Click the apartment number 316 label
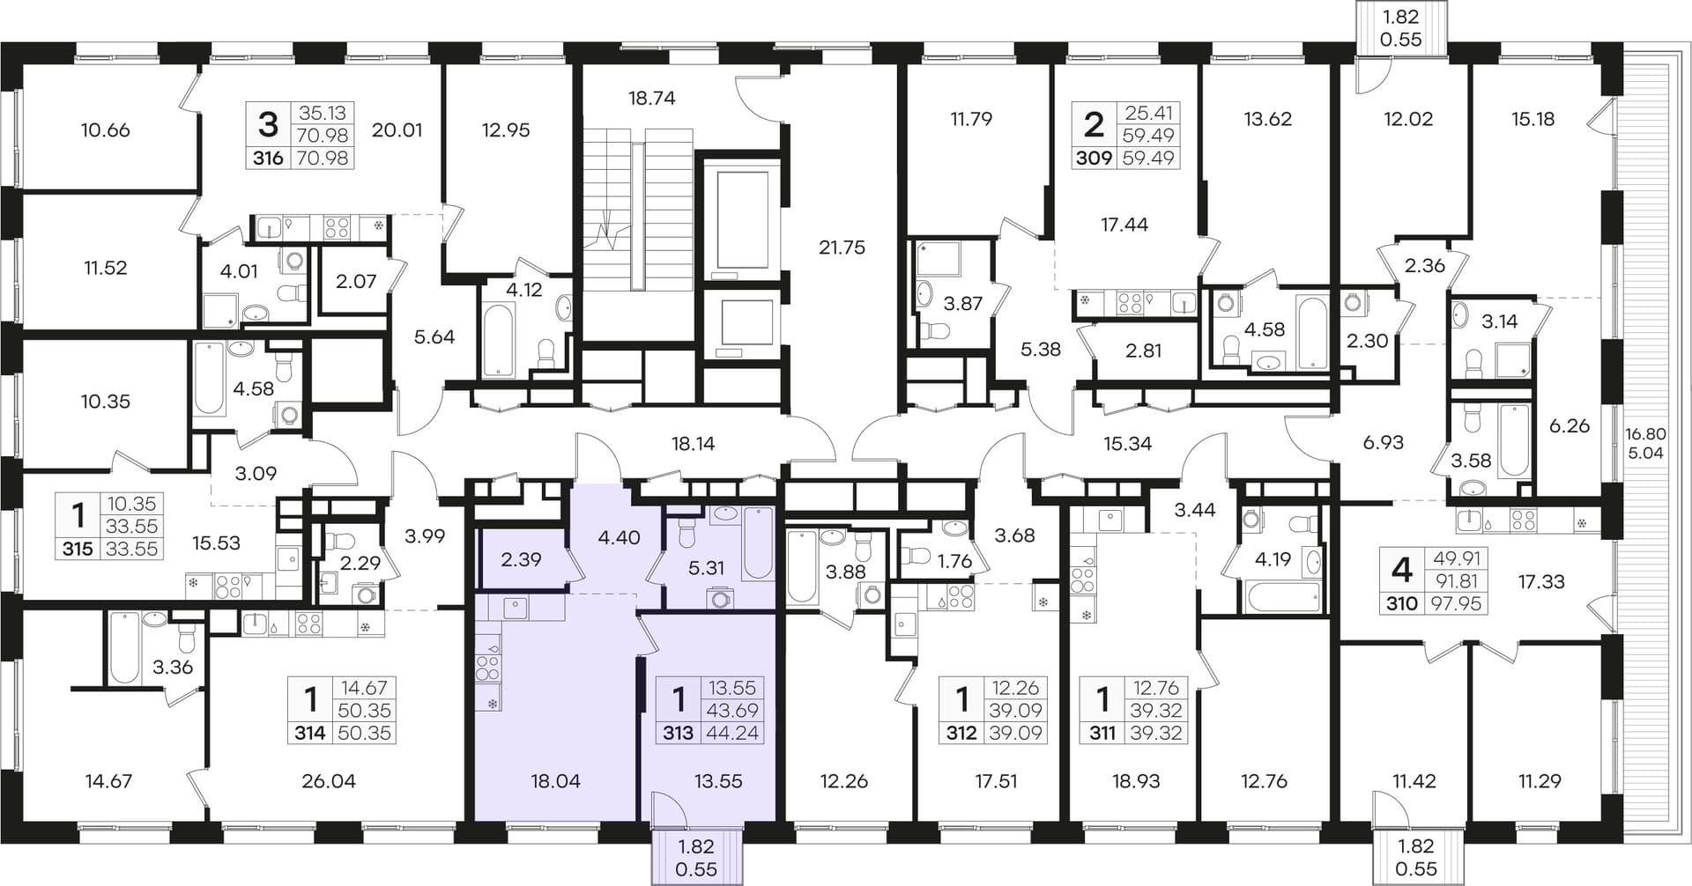click(268, 159)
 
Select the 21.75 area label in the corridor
click(842, 247)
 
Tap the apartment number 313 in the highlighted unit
click(678, 733)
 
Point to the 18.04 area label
click(556, 780)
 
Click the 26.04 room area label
click(329, 780)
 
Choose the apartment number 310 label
click(1402, 604)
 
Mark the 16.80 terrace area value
click(1645, 433)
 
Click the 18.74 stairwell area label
click(651, 98)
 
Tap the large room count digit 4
click(1401, 570)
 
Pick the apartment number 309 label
click(1094, 159)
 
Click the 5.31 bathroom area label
click(706, 568)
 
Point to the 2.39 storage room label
click(521, 559)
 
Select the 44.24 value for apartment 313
click(732, 733)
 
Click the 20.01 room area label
click(397, 130)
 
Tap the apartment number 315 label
click(78, 550)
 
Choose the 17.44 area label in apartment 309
click(1124, 225)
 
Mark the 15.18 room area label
click(1532, 119)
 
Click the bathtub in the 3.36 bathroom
click(123, 648)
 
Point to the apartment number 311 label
click(1102, 733)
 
